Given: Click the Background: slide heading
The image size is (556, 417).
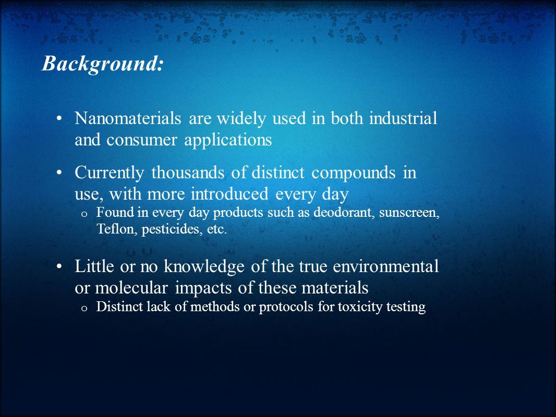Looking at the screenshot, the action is click(x=102, y=64).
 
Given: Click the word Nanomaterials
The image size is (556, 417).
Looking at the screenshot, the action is click(x=128, y=118).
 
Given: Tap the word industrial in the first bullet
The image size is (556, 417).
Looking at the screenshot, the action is click(x=403, y=118).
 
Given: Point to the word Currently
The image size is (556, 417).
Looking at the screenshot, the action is click(x=110, y=173).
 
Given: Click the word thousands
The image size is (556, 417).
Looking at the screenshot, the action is click(x=188, y=173).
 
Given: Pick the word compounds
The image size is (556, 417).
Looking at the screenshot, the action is click(x=354, y=173).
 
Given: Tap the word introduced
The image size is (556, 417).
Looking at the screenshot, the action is click(x=229, y=194).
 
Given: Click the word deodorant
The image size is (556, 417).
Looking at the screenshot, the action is click(x=344, y=212).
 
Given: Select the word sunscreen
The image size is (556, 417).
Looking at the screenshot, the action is click(x=409, y=213).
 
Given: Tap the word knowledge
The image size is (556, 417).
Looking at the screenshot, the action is click(x=204, y=267).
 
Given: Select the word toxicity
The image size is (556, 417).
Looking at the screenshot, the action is click(x=360, y=307).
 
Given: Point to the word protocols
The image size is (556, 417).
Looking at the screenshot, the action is click(x=286, y=307).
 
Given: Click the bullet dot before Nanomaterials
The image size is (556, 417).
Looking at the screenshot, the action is click(x=59, y=119).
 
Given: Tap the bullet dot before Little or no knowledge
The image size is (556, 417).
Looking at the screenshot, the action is click(x=59, y=267).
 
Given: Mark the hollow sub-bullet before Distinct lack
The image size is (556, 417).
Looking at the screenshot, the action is click(x=84, y=308).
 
